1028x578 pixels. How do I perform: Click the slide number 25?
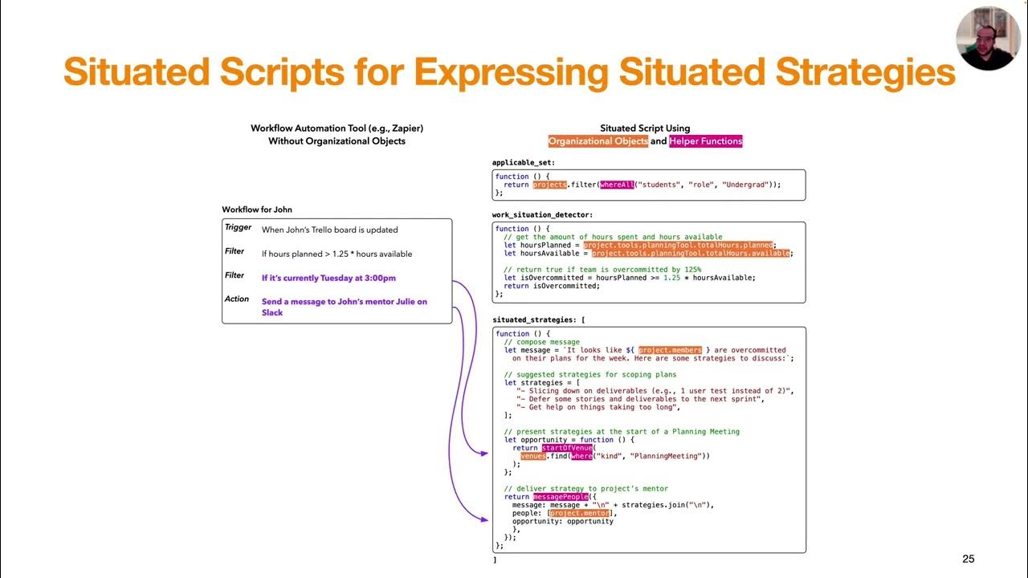pyautogui.click(x=968, y=559)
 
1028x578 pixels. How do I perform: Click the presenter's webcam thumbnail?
pyautogui.click(x=987, y=38)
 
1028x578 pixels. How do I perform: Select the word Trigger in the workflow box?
pyautogui.click(x=239, y=228)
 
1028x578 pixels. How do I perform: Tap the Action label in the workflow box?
pyautogui.click(x=237, y=299)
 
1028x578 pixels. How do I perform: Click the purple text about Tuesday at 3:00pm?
pyautogui.click(x=328, y=279)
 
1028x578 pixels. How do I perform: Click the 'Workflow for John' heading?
pyautogui.click(x=257, y=210)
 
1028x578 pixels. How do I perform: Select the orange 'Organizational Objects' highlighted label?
pyautogui.click(x=598, y=141)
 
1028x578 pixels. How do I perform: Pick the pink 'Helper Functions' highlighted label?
pyautogui.click(x=706, y=141)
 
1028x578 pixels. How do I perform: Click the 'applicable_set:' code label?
pyautogui.click(x=523, y=163)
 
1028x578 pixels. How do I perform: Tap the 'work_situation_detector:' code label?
pyautogui.click(x=543, y=215)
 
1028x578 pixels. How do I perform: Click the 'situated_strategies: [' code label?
pyautogui.click(x=538, y=320)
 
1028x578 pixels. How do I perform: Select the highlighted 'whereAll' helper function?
pyautogui.click(x=616, y=185)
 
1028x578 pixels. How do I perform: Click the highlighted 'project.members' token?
pyautogui.click(x=670, y=350)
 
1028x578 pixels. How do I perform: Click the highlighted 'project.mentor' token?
pyautogui.click(x=580, y=513)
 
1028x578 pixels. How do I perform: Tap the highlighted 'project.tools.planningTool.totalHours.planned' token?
pyautogui.click(x=679, y=245)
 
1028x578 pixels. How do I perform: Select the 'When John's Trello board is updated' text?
pyautogui.click(x=329, y=230)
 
